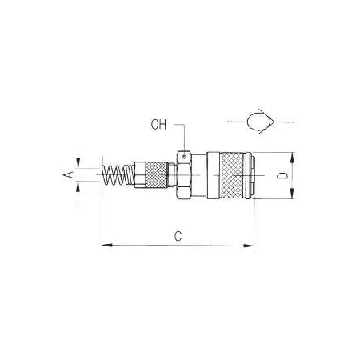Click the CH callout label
pyautogui.click(x=158, y=125)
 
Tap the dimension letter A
pyautogui.click(x=68, y=174)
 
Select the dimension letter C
pyautogui.click(x=178, y=236)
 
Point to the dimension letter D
pyautogui.click(x=282, y=175)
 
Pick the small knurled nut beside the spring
pyautogui.click(x=157, y=174)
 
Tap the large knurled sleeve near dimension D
pyautogui.click(x=233, y=175)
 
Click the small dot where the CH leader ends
pyautogui.click(x=185, y=156)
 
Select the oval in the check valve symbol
pyautogui.click(x=259, y=122)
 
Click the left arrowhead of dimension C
pyautogui.click(x=106, y=245)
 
